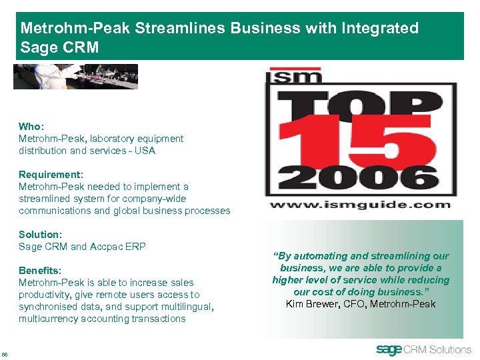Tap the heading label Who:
pyautogui.click(x=30, y=127)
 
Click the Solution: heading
pyautogui.click(x=40, y=235)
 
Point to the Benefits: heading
pyautogui.click(x=40, y=271)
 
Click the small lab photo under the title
pyautogui.click(x=75, y=77)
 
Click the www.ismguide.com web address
pyautogui.click(x=360, y=205)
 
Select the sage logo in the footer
pyautogui.click(x=391, y=349)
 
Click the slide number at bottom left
pyautogui.click(x=5, y=353)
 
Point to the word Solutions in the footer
pyautogui.click(x=450, y=349)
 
